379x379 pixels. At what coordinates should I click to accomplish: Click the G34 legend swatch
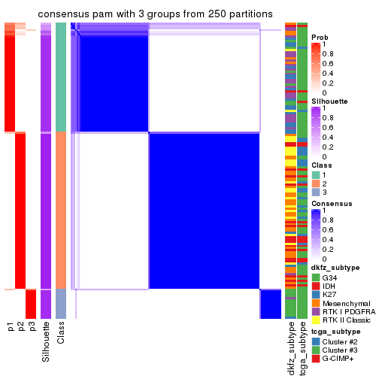coord(315,277)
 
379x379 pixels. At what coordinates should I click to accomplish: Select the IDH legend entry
coord(329,287)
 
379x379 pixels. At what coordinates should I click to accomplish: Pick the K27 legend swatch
coord(315,296)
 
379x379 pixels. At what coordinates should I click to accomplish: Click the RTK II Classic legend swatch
coord(315,323)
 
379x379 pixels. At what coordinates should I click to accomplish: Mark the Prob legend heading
coord(319,37)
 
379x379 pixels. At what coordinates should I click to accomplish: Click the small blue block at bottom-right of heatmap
coord(271,304)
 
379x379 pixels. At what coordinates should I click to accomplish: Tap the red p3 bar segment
coord(31,304)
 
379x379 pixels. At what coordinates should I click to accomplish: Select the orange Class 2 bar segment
coord(61,211)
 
